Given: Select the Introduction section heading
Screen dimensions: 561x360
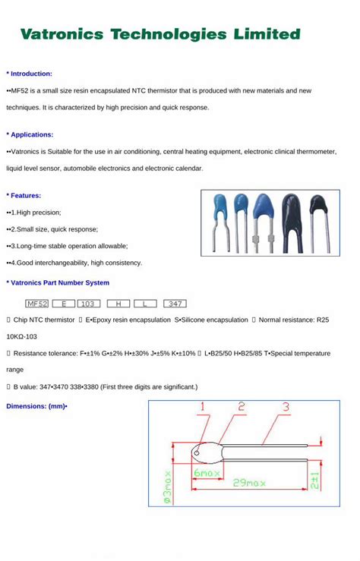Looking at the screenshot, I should point(30,74).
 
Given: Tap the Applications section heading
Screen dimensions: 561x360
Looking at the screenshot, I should point(30,134).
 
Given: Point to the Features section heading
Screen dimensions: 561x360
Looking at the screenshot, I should point(25,195).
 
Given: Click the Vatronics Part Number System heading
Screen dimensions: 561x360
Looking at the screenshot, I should point(58,282).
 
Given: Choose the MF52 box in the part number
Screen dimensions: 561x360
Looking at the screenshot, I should point(36,303).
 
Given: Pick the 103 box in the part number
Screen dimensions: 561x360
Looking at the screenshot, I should point(90,303).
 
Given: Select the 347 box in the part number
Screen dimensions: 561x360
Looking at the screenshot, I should point(174,303).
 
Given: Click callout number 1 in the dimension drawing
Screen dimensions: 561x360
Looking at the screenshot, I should point(203,408).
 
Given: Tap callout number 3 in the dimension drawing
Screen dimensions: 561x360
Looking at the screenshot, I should point(286,408).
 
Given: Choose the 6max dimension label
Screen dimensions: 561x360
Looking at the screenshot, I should point(207,473).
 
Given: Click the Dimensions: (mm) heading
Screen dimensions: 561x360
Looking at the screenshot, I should point(36,406).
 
